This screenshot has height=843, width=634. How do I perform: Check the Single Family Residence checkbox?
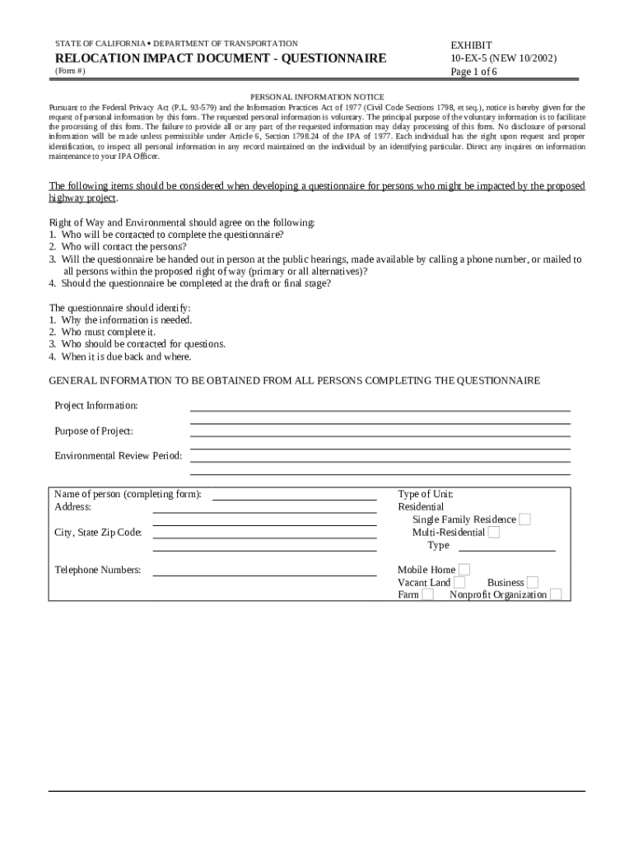coord(525,519)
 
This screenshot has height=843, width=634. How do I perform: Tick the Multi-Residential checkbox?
coord(494,533)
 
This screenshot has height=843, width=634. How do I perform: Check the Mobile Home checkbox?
coord(464,570)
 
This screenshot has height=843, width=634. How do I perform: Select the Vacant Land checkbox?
coord(459,583)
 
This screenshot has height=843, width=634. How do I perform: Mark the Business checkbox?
coord(533,583)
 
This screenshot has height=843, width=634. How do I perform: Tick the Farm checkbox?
coord(428,595)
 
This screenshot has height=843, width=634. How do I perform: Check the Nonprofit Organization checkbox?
coord(556,595)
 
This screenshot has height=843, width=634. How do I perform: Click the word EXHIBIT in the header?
coord(472,45)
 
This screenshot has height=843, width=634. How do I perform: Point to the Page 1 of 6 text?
coord(473,72)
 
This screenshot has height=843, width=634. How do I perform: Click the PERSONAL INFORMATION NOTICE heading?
coord(317,97)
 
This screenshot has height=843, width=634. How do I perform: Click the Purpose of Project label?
coord(94,431)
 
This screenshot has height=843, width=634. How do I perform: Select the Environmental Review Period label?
coord(118,456)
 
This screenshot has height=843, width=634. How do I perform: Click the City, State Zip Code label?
coord(98,533)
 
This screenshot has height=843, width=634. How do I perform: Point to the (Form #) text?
coord(69,72)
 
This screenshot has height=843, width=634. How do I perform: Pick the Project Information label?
coord(96,406)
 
